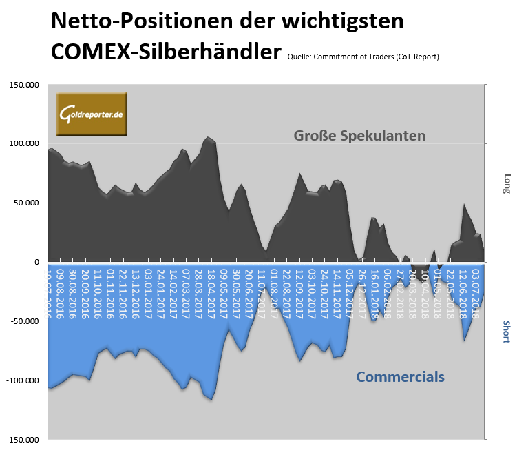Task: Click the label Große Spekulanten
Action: pos(359,135)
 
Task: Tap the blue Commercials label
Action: pos(399,377)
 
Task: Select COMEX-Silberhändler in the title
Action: pos(166,52)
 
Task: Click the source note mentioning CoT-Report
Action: pos(363,57)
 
